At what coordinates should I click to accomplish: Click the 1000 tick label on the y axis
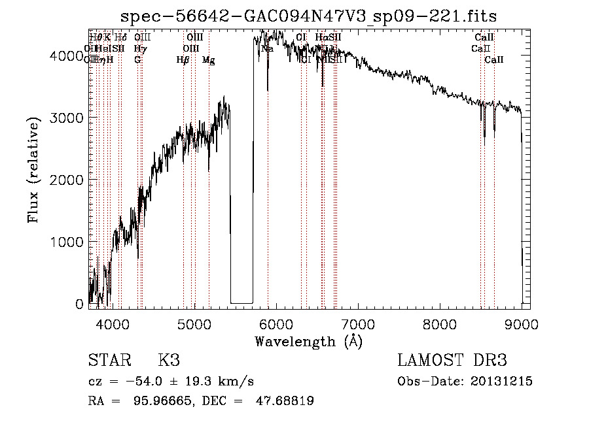click(x=67, y=242)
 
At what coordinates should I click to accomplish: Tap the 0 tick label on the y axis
click(x=79, y=304)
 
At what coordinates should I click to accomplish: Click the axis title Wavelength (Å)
click(x=308, y=341)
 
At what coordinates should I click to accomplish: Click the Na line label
click(x=267, y=48)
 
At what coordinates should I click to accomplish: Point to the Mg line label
click(x=209, y=60)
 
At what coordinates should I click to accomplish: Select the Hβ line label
click(x=183, y=60)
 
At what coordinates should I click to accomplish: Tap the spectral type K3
click(x=169, y=361)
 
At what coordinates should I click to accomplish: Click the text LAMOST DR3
click(x=452, y=361)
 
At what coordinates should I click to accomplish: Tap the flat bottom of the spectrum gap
click(x=241, y=302)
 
